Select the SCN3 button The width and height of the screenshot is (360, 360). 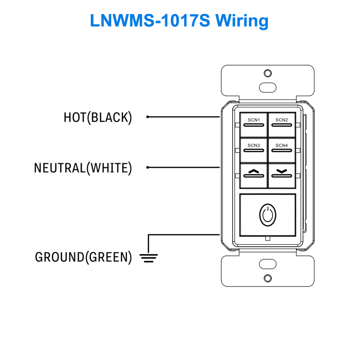[254, 150]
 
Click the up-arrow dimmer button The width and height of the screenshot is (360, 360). [254, 174]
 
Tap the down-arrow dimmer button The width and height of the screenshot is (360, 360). [282, 174]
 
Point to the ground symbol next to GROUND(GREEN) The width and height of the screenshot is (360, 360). [148, 258]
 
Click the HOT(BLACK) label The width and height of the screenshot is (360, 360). [98, 117]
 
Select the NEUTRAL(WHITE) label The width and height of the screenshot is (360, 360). [83, 168]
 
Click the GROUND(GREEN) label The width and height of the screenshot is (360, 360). [83, 257]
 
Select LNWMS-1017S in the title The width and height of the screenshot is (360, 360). [150, 21]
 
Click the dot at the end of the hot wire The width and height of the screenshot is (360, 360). [148, 117]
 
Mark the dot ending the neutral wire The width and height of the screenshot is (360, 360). [148, 167]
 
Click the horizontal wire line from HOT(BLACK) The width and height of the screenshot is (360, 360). [184, 117]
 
